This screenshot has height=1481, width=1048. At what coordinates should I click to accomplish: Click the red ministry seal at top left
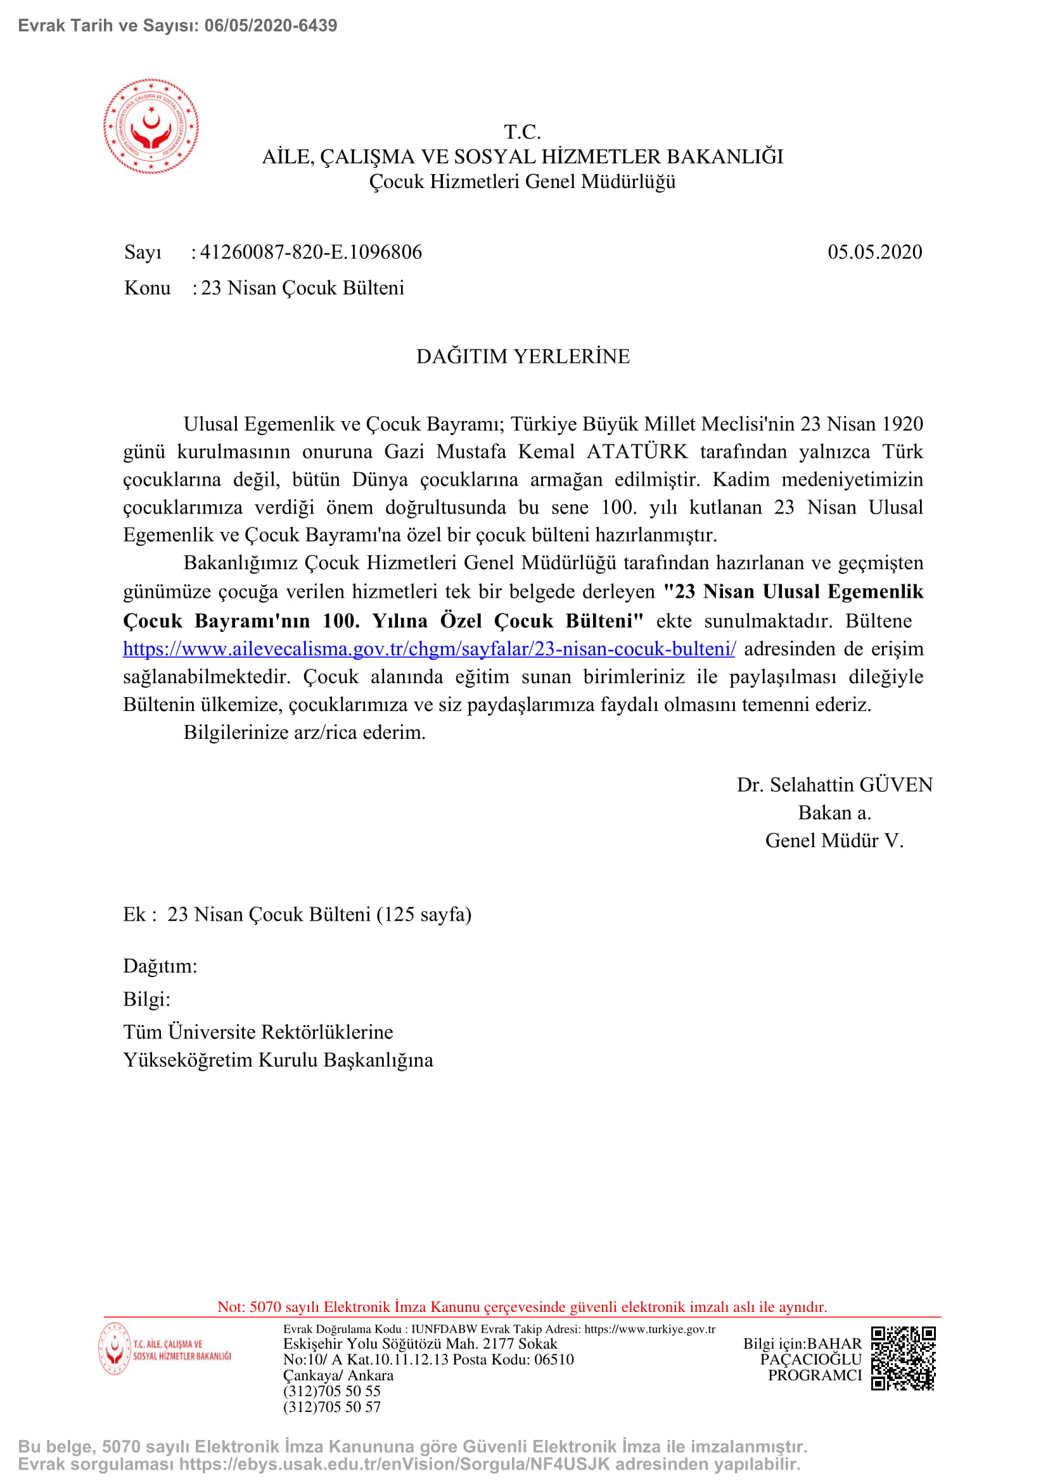151,127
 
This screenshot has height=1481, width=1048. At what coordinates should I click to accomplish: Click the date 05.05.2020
874,251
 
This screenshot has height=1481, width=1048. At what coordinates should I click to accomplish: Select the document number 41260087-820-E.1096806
310,251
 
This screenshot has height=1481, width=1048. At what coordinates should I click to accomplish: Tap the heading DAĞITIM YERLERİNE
523,356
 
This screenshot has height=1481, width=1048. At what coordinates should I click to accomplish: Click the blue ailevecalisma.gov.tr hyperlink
429,648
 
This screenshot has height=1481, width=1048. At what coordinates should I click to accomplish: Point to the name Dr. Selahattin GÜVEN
834,785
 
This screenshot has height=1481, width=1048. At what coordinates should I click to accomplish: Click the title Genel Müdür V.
834,840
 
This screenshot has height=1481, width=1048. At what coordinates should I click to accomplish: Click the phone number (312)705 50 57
331,1407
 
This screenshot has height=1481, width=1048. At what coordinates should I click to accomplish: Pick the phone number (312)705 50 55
331,1390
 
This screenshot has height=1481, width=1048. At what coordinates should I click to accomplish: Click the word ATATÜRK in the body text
637,451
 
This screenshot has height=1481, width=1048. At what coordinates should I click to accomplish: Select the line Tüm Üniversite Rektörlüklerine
258,1031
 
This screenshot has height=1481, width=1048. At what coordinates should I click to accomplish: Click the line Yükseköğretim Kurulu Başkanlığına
278,1060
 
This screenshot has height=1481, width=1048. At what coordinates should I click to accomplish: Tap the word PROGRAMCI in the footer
814,1375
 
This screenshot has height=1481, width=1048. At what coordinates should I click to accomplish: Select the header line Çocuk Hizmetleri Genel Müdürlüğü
522,181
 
